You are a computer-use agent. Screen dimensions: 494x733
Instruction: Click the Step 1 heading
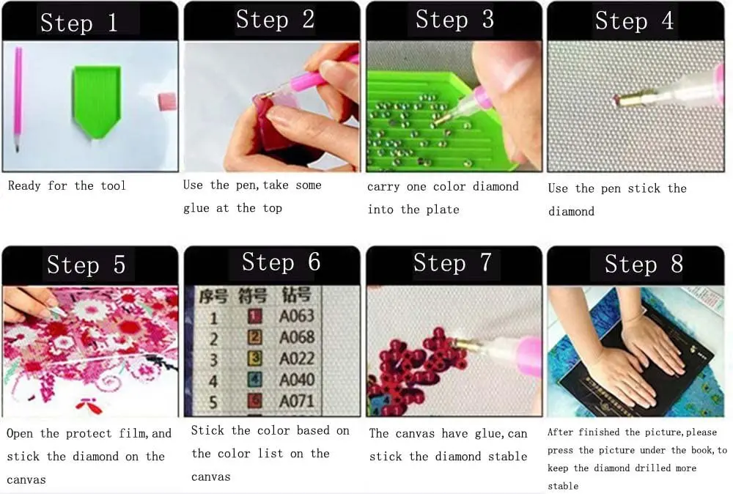(x=78, y=23)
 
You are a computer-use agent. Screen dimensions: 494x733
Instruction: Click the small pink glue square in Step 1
(x=168, y=101)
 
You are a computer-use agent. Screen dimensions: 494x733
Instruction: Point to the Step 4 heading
(x=634, y=21)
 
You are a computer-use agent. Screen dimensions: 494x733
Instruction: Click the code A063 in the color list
(x=298, y=316)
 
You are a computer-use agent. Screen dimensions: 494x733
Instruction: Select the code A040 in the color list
(x=298, y=380)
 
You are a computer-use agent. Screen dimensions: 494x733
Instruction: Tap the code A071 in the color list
(x=298, y=401)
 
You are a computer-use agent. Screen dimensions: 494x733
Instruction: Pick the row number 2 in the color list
(x=213, y=338)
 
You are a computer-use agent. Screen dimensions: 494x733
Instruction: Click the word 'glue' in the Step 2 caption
(x=196, y=208)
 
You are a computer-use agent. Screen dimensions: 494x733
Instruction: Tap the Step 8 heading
(x=644, y=264)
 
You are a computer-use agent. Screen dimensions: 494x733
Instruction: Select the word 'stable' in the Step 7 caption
(x=508, y=457)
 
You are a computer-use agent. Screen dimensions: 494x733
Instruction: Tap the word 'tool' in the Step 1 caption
(x=113, y=185)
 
